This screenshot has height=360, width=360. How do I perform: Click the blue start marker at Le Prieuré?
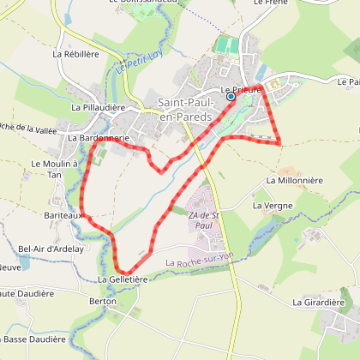[x=231, y=97]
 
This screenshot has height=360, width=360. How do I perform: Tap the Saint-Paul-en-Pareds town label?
[x=186, y=109]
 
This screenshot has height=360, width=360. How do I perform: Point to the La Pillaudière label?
[x=99, y=107]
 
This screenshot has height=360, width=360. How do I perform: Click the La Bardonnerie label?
[x=99, y=137]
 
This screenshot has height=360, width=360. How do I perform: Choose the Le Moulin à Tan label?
[x=55, y=169]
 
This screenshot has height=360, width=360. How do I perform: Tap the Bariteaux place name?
[x=63, y=216]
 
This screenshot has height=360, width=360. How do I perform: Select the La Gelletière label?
[x=123, y=279]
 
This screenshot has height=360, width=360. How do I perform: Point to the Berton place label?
[x=102, y=302]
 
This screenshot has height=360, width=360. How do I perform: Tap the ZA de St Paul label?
[x=200, y=219]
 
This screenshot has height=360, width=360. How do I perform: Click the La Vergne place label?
[x=273, y=206]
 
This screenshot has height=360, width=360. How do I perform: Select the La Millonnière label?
[x=294, y=181]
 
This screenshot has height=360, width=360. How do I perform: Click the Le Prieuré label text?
[x=241, y=88]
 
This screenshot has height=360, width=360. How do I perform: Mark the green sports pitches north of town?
[x=226, y=45]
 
